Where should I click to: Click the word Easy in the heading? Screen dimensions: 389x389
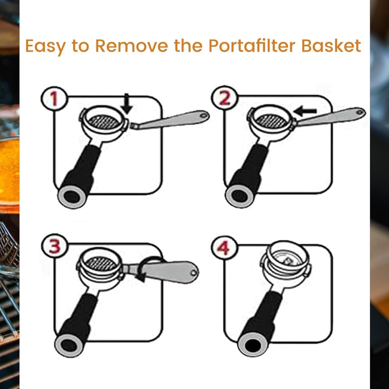pos(45,46)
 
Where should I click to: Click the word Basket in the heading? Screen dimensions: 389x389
pos(331,46)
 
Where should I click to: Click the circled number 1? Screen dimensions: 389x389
pos(54,99)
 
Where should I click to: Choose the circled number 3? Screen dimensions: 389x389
pos(55,246)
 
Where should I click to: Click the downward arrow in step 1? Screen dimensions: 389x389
pos(127,104)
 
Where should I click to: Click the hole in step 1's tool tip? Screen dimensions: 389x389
pos(204,115)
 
